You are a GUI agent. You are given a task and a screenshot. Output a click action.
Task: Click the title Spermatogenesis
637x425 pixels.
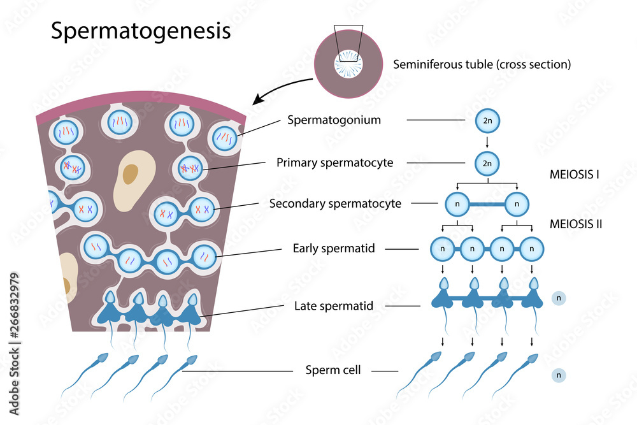click(x=141, y=31)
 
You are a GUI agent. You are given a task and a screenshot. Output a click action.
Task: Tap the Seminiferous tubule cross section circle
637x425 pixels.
click(x=348, y=64)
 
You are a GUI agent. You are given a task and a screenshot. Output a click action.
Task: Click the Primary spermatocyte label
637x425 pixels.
click(x=334, y=162)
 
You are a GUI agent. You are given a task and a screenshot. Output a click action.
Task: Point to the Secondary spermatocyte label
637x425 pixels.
click(x=335, y=204)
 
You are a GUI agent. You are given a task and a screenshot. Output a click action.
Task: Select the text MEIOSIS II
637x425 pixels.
click(x=575, y=224)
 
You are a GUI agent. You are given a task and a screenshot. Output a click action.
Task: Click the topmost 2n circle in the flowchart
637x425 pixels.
click(x=487, y=120)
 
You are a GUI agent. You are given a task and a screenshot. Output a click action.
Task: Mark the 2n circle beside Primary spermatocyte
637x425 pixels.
click(x=487, y=163)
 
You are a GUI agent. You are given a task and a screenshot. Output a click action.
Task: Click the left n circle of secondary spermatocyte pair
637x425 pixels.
click(x=457, y=205)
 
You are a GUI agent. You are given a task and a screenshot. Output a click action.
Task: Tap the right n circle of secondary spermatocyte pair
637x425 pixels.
click(x=517, y=205)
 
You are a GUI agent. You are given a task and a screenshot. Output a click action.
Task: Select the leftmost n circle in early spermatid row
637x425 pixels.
click(x=443, y=249)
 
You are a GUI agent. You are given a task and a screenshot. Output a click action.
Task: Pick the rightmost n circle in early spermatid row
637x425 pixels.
click(x=532, y=249)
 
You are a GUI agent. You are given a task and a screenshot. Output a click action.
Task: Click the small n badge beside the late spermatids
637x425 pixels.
click(x=559, y=298)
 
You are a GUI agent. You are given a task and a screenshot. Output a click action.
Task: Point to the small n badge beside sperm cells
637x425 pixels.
click(x=559, y=375)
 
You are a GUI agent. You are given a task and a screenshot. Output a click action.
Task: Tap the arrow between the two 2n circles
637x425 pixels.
click(x=487, y=141)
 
